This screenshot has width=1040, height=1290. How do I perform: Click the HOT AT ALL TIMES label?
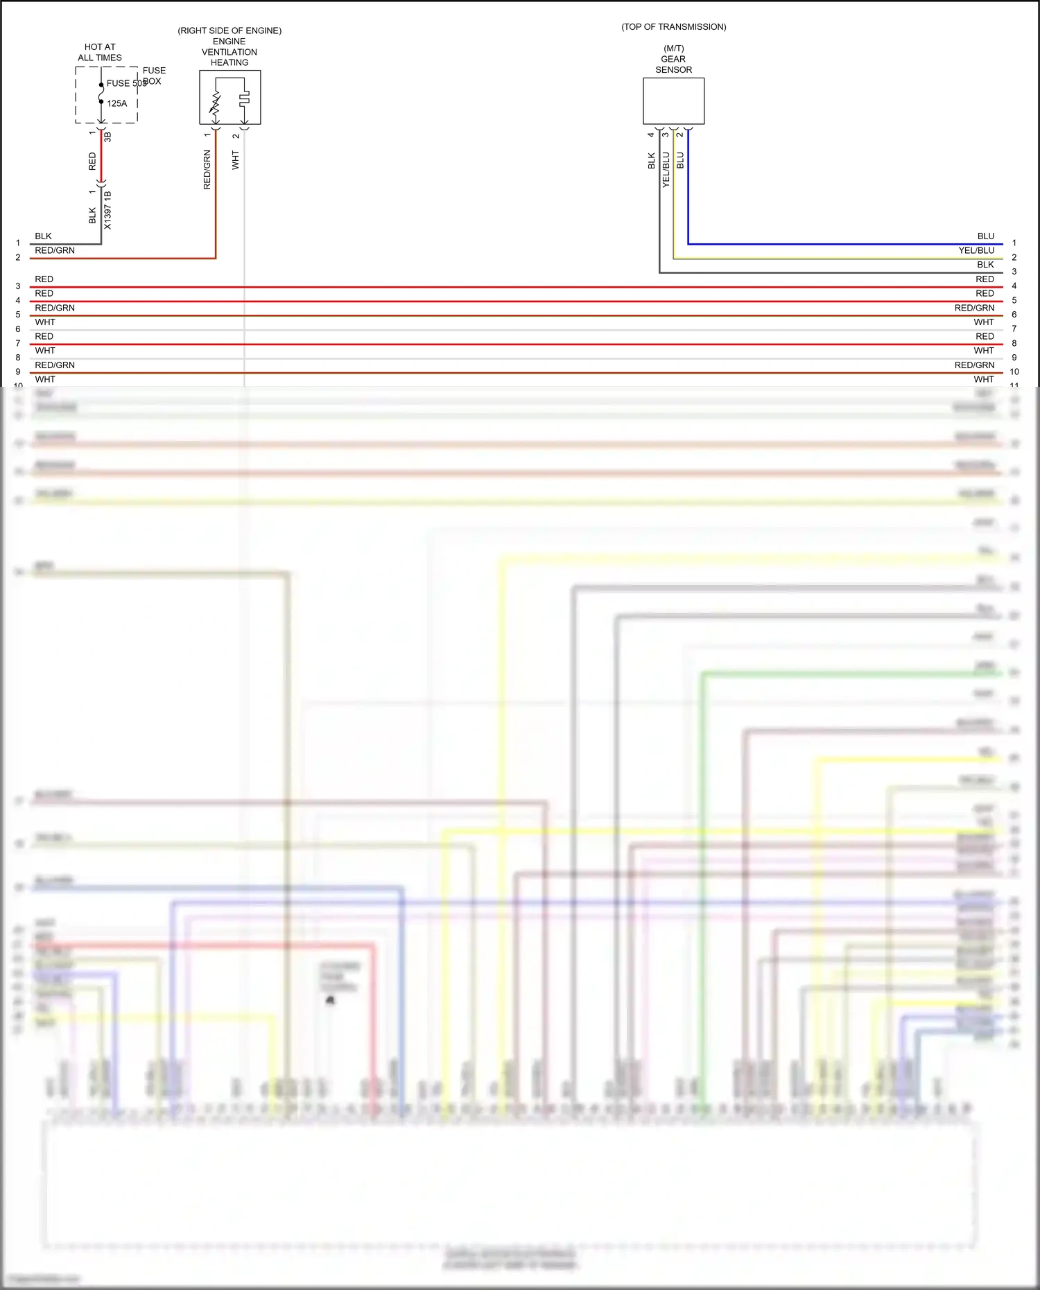pyautogui.click(x=100, y=52)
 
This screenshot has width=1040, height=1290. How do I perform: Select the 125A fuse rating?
pyautogui.click(x=117, y=103)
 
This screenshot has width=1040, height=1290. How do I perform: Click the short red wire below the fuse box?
pyautogui.click(x=101, y=158)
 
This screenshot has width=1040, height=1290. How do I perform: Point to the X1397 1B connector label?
pyautogui.click(x=107, y=210)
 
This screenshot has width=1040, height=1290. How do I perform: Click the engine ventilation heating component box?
pyautogui.click(x=230, y=98)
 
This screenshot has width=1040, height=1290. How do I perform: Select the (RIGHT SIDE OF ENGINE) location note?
pyautogui.click(x=229, y=30)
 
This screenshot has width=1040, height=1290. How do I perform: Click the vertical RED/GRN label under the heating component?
pyautogui.click(x=207, y=170)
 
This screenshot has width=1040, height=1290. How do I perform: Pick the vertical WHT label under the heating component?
pyautogui.click(x=236, y=160)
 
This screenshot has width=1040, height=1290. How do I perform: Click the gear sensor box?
pyautogui.click(x=673, y=101)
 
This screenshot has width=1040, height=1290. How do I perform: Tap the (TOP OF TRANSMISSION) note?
pyautogui.click(x=674, y=27)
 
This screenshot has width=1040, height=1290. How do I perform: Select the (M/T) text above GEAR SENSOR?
pyautogui.click(x=674, y=49)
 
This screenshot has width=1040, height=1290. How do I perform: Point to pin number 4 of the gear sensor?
pyautogui.click(x=651, y=134)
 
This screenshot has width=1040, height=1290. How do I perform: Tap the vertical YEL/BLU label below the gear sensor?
pyautogui.click(x=666, y=170)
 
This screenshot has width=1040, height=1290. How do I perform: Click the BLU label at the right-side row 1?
pyautogui.click(x=985, y=236)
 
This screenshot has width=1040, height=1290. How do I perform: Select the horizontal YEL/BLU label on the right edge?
pyautogui.click(x=976, y=250)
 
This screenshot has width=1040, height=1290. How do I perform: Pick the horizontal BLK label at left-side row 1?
pyautogui.click(x=44, y=236)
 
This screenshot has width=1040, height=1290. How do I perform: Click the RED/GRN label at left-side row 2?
pyautogui.click(x=55, y=250)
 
